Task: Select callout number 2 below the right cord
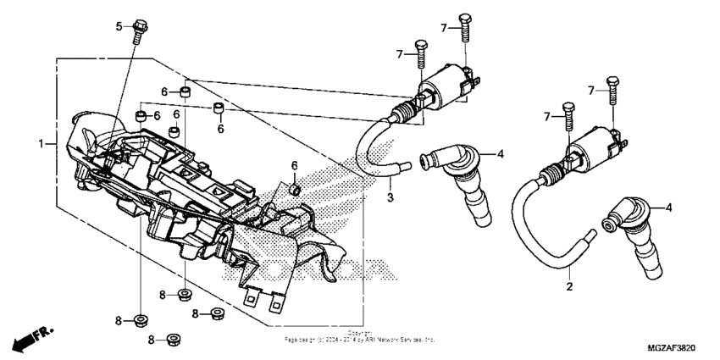[x=570, y=286]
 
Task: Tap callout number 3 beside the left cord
[x=391, y=197]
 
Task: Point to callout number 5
[x=119, y=26]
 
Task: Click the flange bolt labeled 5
[x=139, y=31]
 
